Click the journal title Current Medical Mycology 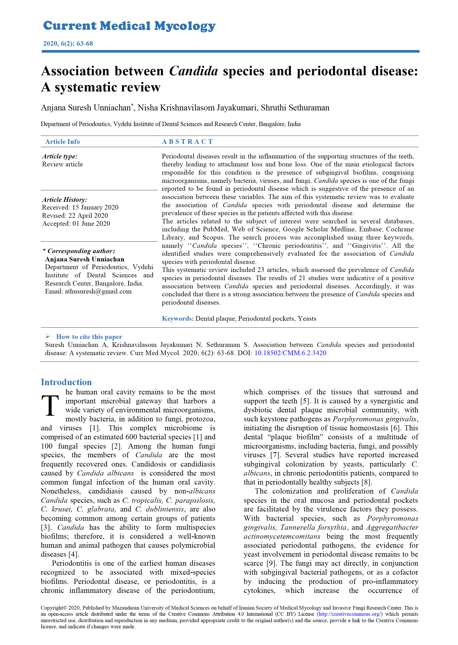point(129,26)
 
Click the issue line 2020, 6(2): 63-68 point(68,43)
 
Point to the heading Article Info point(62,141)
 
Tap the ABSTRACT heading point(187,141)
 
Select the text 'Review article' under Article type point(62,164)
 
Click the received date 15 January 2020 point(95,207)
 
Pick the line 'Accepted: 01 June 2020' point(76,223)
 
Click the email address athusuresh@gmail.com point(98,291)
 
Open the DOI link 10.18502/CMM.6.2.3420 point(290,353)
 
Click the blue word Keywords point(177,319)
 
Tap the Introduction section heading point(66,382)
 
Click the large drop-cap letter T point(50,405)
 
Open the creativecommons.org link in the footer point(350,614)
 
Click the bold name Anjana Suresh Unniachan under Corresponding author point(85,259)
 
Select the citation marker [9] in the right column point(271,563)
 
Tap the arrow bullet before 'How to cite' point(48,336)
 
